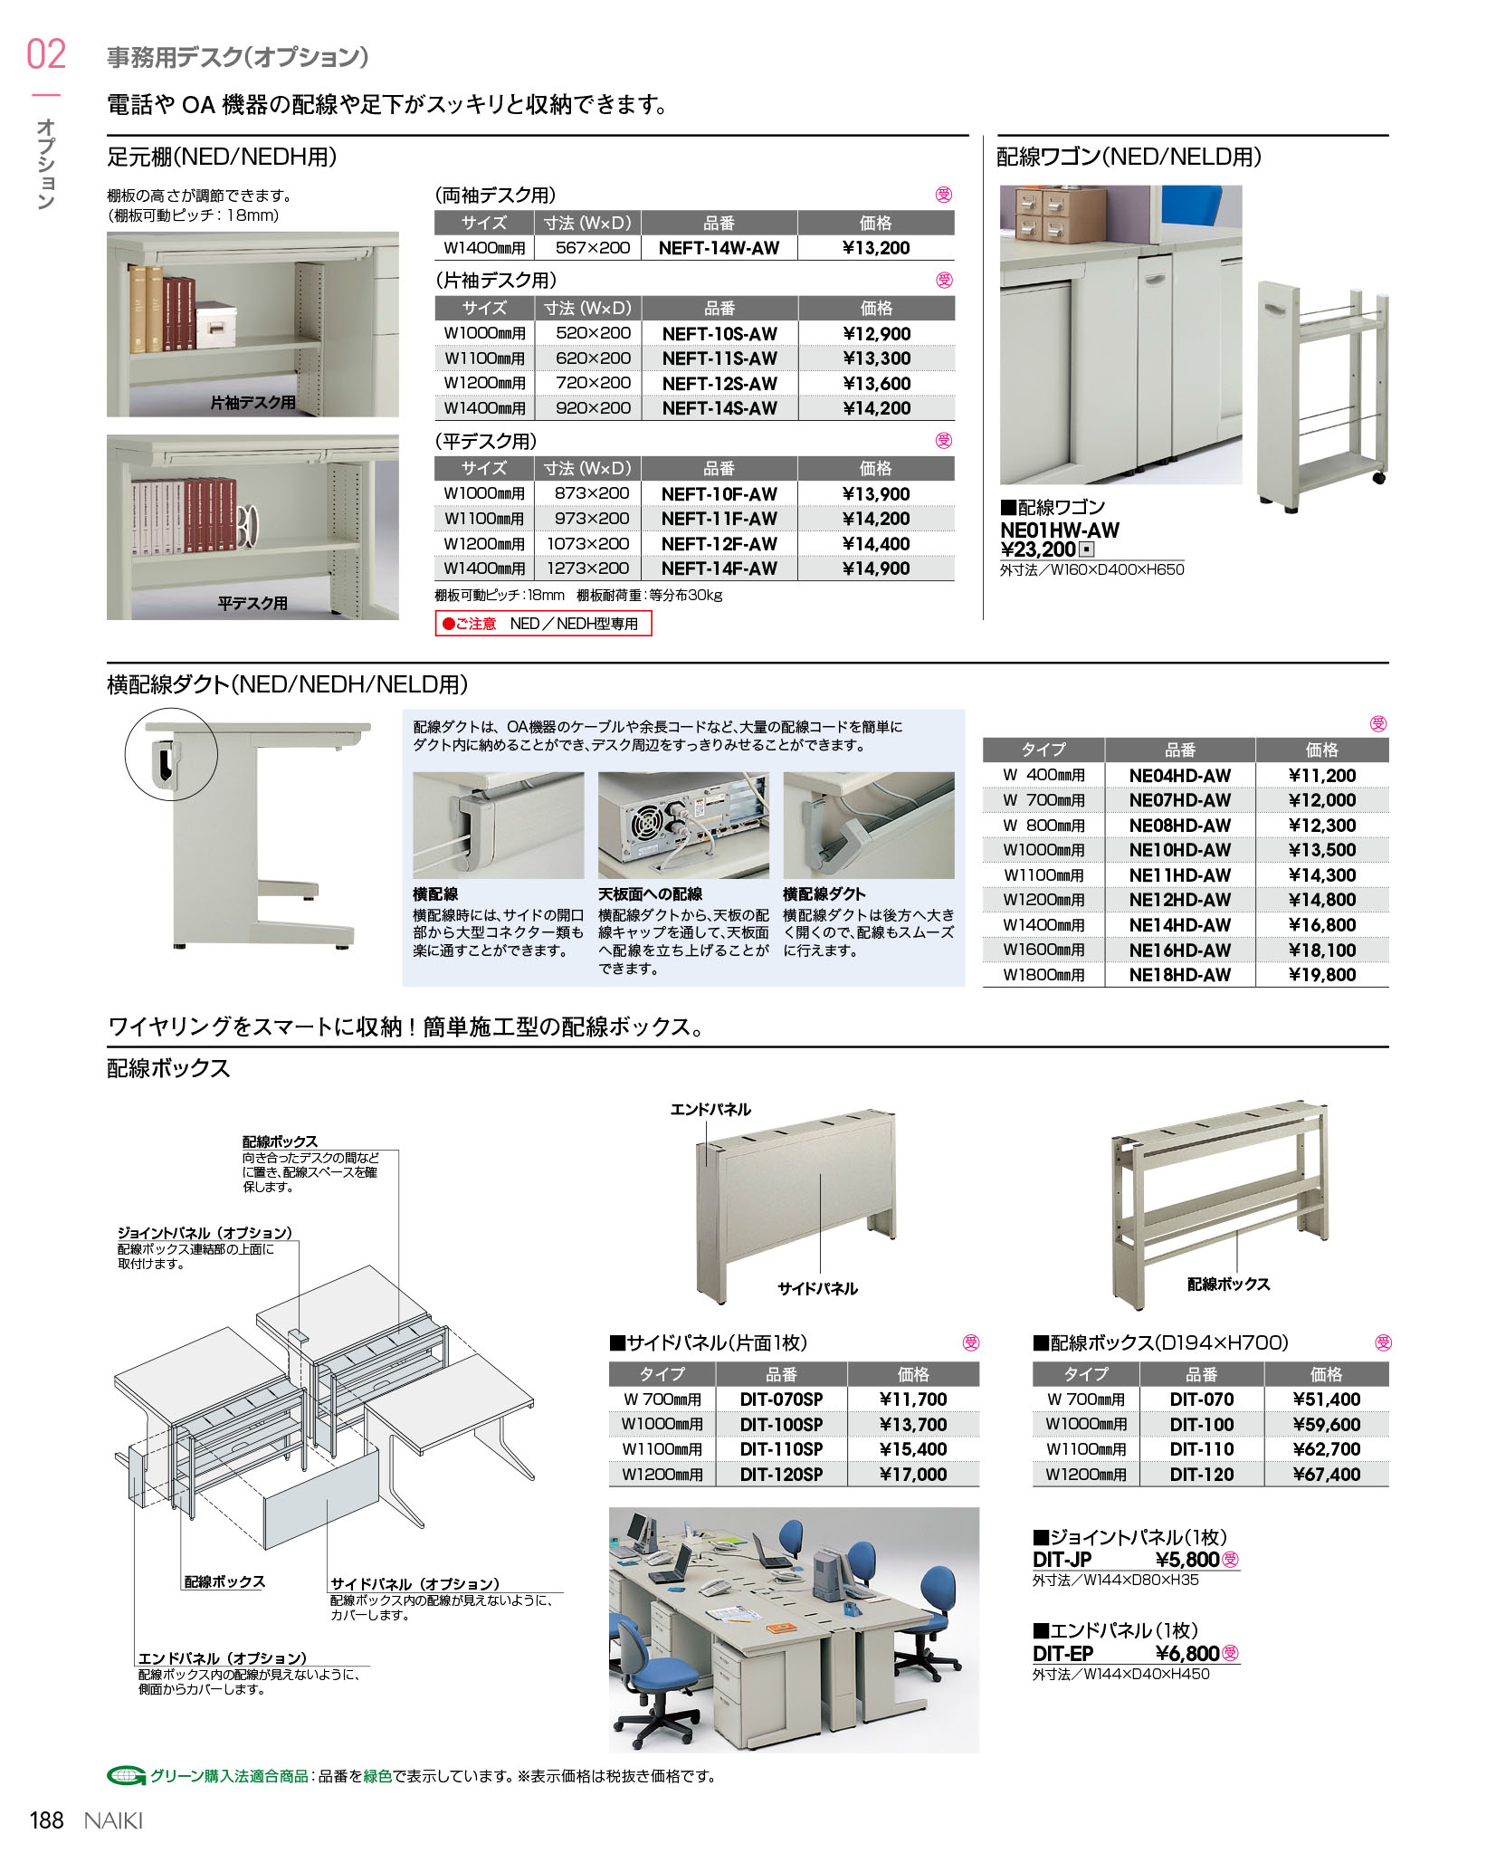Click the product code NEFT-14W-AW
[x=719, y=248]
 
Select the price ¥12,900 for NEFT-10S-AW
[x=876, y=334]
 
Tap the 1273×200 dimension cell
[x=588, y=568]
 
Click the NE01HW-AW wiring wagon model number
[x=1059, y=530]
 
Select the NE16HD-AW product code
[x=1179, y=950]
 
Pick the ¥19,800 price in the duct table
[x=1321, y=975]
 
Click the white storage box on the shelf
[x=215, y=323]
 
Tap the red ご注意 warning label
[x=470, y=624]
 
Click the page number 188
[x=47, y=1820]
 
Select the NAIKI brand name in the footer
[x=113, y=1820]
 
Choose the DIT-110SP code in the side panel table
[x=781, y=1449]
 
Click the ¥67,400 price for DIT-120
[x=1326, y=1475]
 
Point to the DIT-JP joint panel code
[x=1062, y=1560]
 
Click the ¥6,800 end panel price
[x=1187, y=1654]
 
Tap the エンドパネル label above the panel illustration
[x=710, y=1110]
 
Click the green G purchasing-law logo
[x=126, y=1776]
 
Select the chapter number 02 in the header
[x=46, y=55]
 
